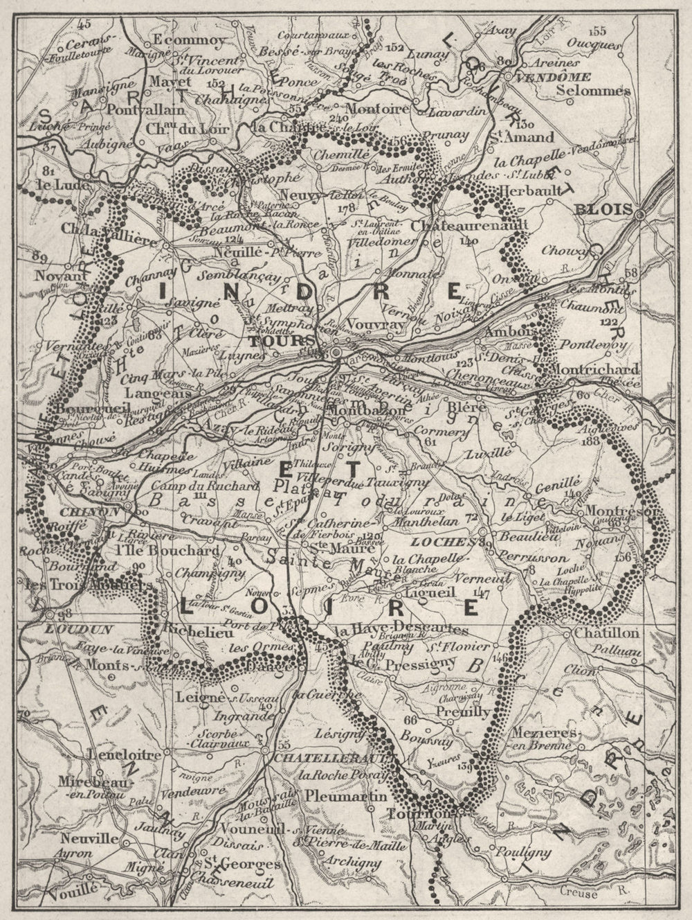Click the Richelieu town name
(192, 630)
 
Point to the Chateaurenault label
(468, 225)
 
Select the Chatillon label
(601, 633)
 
